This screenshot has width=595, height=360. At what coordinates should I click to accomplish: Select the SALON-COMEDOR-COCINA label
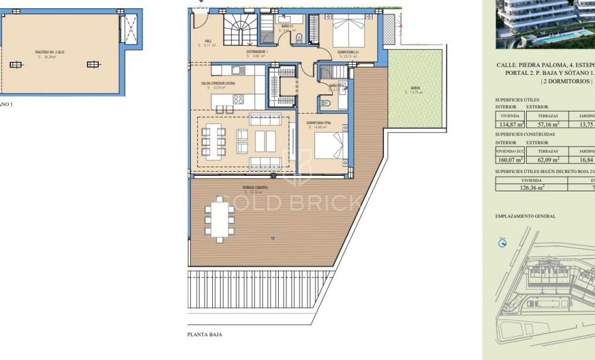coord(218,84)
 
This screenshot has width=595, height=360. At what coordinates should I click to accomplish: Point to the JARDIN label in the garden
coord(415,88)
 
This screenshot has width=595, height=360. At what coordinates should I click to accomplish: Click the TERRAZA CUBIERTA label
coord(254,187)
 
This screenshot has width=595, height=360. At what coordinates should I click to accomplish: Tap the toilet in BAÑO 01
coord(298,39)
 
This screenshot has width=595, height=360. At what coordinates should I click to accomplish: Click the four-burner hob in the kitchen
coord(238,99)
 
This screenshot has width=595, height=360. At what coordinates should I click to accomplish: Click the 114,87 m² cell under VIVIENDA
coord(512,125)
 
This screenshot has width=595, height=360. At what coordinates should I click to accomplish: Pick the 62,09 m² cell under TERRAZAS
coord(548,159)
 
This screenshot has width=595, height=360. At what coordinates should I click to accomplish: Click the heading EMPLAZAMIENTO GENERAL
coord(525,216)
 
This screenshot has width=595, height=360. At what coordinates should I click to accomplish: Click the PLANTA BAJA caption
coord(205,334)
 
